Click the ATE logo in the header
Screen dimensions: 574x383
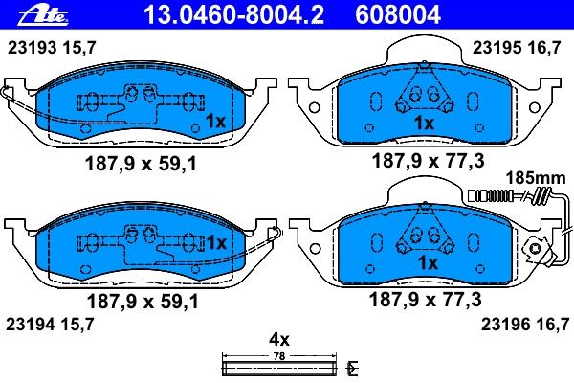pos(44,16)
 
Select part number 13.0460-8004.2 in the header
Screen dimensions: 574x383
pos(234,15)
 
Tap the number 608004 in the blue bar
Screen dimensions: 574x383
pos(398,15)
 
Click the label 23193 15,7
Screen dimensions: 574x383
pos(52,48)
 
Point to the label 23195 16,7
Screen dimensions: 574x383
pos(517,48)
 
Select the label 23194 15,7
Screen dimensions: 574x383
pos(50,325)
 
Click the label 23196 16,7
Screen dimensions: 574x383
pos(525,325)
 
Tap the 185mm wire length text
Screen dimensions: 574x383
pos(536,178)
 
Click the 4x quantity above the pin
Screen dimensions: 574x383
pos(279,340)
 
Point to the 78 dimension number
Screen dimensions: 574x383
pos(279,356)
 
